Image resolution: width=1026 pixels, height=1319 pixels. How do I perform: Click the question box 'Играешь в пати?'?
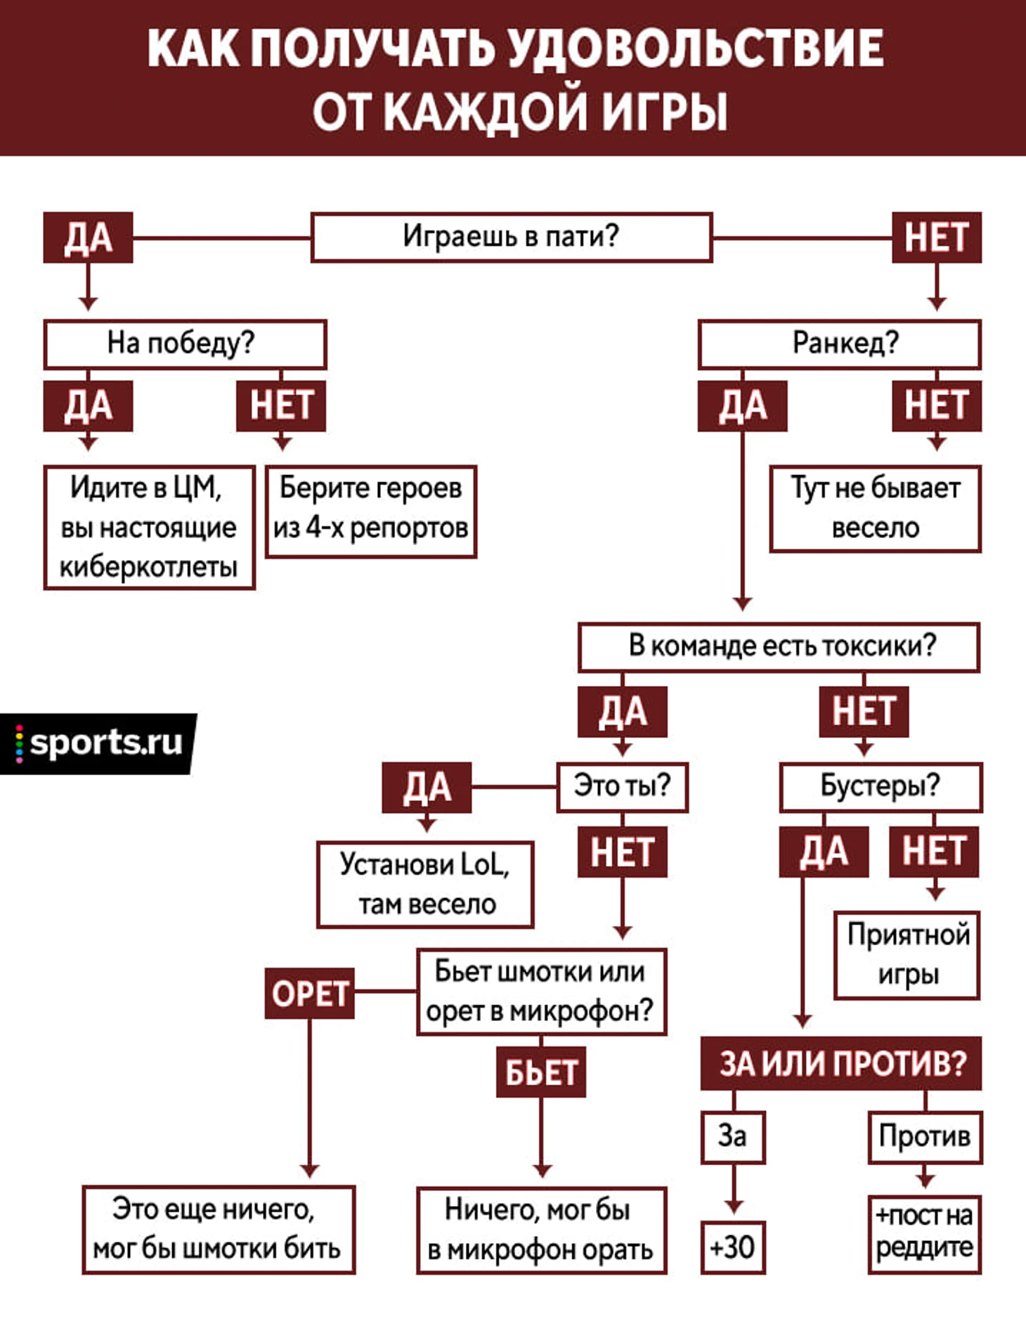pyautogui.click(x=511, y=237)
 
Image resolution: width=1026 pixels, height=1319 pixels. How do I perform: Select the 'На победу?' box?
pyautogui.click(x=185, y=344)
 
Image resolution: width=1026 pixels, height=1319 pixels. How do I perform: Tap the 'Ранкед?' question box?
pyautogui.click(x=839, y=344)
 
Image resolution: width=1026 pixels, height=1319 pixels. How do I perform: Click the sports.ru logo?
pyautogui.click(x=98, y=743)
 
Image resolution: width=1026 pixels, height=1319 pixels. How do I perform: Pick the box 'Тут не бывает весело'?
pyautogui.click(x=875, y=508)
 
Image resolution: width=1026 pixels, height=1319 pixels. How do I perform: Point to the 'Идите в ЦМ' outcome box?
pyautogui.click(x=149, y=527)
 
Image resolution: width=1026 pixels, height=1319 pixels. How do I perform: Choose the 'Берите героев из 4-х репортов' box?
pyautogui.click(x=371, y=511)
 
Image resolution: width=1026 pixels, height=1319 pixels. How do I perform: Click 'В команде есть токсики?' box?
pyautogui.click(x=779, y=646)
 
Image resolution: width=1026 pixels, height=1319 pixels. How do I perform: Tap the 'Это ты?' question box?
pyautogui.click(x=622, y=787)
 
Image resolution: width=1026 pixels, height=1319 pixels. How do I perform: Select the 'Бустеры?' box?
pyautogui.click(x=880, y=787)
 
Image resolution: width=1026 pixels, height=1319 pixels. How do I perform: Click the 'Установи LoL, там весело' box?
pyautogui.click(x=425, y=884)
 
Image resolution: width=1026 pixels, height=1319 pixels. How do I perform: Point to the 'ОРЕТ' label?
pyautogui.click(x=309, y=993)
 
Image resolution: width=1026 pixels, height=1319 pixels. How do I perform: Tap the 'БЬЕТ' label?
pyautogui.click(x=540, y=1072)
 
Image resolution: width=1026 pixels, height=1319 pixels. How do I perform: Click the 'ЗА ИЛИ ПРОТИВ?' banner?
pyautogui.click(x=840, y=1063)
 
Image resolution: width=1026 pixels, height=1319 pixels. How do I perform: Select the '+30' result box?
pyautogui.click(x=732, y=1247)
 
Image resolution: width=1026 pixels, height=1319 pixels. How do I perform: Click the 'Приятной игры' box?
pyautogui.click(x=907, y=955)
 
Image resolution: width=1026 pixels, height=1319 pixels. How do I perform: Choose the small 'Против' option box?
pyautogui.click(x=924, y=1136)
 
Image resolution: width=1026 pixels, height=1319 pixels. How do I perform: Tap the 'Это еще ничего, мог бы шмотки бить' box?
pyautogui.click(x=219, y=1229)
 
